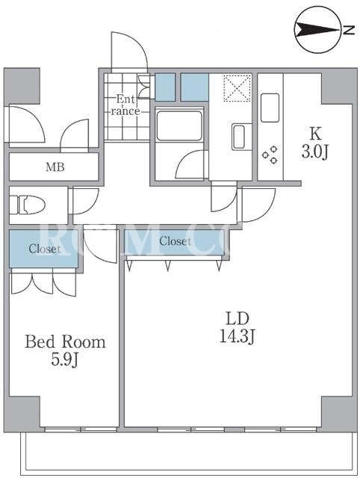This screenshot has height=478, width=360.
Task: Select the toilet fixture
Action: (28, 205)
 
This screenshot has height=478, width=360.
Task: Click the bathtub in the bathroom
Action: (179, 125)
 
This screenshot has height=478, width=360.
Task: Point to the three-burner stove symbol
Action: (270, 155)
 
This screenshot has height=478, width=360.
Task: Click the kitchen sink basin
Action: (270, 108)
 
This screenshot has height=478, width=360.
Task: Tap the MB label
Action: (55, 167)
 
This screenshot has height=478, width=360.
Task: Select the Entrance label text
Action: (125, 105)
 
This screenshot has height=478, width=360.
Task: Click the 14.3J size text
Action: (238, 337)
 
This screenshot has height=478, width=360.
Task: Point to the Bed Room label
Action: (65, 342)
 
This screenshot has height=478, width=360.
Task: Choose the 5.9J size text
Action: (65, 360)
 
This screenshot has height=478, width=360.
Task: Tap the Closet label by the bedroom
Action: (45, 249)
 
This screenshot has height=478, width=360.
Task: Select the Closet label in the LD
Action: (176, 241)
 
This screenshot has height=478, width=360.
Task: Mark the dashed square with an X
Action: (238, 88)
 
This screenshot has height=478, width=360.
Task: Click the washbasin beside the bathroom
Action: (238, 137)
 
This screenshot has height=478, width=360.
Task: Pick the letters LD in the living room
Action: (238, 319)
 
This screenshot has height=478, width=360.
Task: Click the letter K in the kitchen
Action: (315, 134)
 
